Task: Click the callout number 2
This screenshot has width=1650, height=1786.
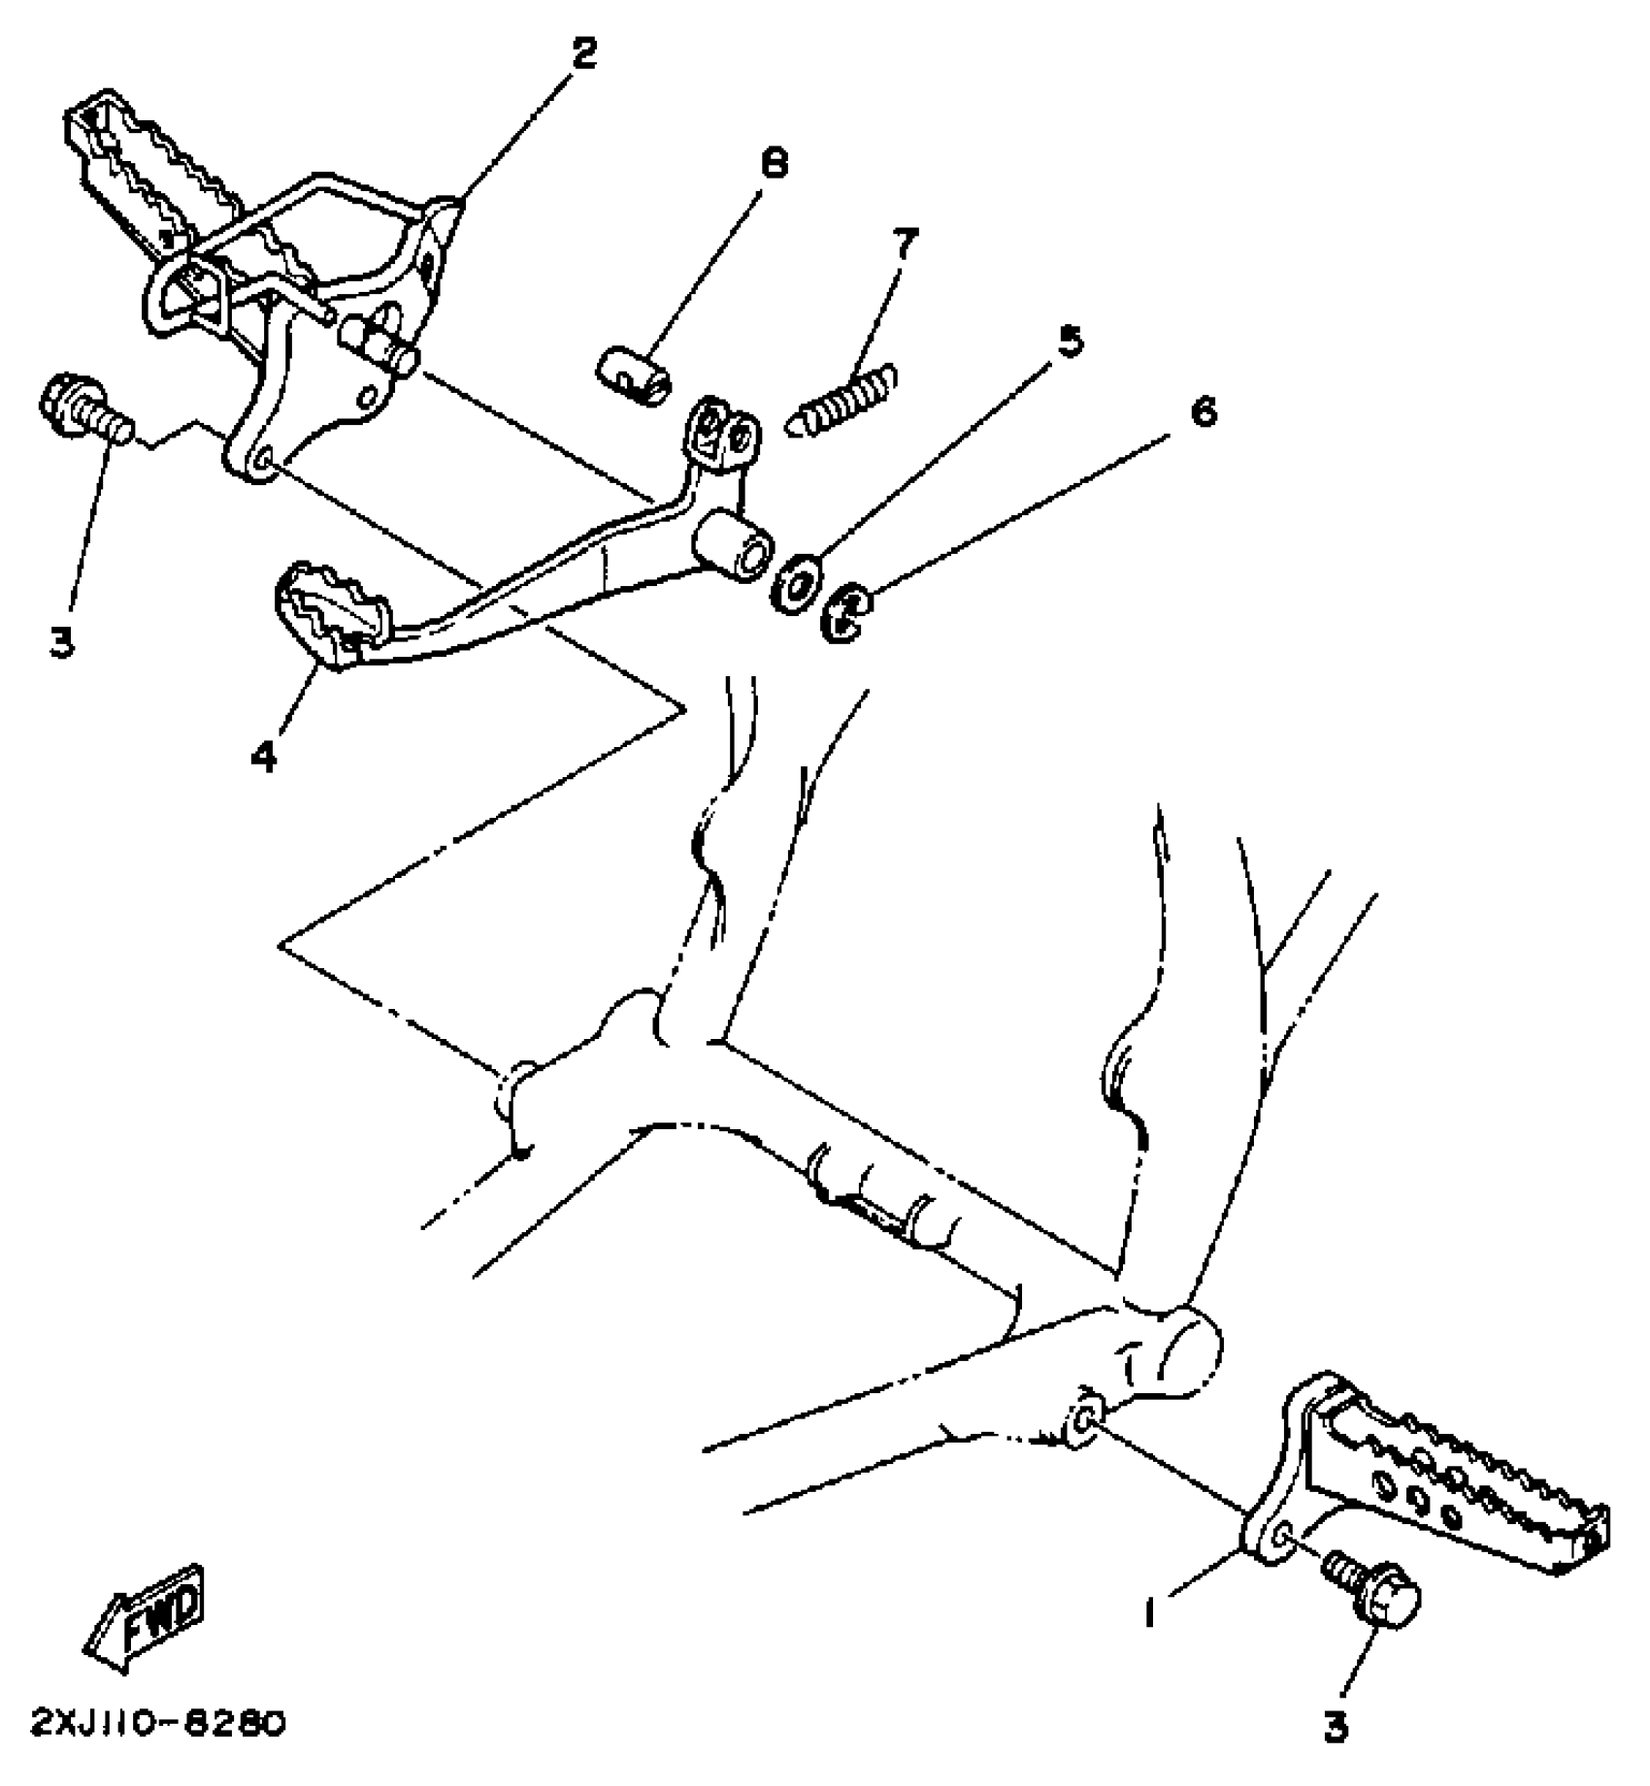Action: [x=582, y=55]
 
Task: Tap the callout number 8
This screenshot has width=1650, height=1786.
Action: [x=774, y=164]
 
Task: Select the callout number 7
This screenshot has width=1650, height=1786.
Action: [x=904, y=245]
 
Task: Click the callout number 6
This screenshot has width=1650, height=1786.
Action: [x=1202, y=412]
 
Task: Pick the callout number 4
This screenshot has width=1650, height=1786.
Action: [x=263, y=756]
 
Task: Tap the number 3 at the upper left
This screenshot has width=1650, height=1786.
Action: [x=62, y=642]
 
